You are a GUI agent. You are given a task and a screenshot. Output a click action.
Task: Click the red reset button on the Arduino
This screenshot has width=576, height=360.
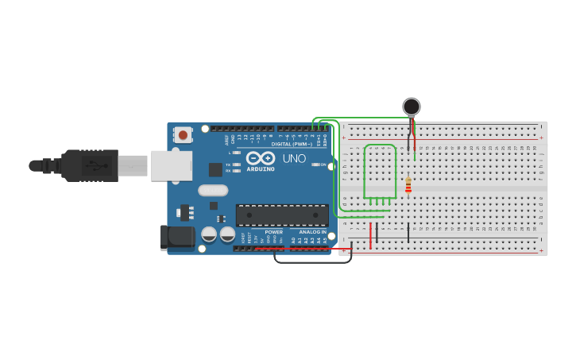point(184,135)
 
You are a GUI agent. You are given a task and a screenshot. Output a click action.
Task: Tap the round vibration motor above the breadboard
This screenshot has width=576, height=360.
point(412,106)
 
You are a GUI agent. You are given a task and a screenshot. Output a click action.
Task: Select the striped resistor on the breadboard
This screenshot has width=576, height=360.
point(408,185)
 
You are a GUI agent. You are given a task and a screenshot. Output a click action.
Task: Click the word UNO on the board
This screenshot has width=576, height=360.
point(295,159)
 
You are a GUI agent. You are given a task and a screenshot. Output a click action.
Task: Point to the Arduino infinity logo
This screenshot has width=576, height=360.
point(260,158)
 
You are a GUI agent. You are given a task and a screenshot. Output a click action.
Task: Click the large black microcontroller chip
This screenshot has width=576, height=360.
point(282,215)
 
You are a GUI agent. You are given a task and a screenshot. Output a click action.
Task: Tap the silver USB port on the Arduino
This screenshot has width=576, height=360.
point(171,165)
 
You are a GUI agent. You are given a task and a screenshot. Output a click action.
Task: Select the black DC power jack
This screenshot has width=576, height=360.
point(177,238)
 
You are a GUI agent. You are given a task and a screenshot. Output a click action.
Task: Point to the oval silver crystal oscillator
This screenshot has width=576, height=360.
point(213,190)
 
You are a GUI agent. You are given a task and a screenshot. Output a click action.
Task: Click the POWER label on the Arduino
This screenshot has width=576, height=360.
point(273,232)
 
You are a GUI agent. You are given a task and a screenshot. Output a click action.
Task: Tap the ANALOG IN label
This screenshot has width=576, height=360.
point(312,232)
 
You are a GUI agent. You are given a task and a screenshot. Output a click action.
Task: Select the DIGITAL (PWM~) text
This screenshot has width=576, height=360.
point(292,144)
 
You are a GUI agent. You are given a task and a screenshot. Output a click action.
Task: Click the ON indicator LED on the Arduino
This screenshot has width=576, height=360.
point(315,165)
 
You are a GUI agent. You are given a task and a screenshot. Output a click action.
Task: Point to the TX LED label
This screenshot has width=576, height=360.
point(228,165)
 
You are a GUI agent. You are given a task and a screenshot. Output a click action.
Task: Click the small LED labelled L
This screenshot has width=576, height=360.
point(236,153)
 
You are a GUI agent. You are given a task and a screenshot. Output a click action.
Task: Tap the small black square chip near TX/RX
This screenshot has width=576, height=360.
point(215,169)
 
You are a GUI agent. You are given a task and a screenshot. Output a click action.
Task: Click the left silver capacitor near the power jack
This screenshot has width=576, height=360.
point(209,234)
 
